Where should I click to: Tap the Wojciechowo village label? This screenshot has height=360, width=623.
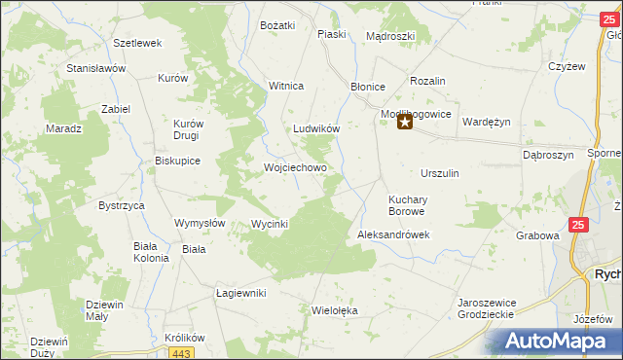pyautogui.click(x=295, y=167)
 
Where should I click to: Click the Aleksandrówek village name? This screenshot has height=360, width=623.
pyautogui.click(x=393, y=235)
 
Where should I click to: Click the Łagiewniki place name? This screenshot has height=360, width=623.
pyautogui.click(x=240, y=293)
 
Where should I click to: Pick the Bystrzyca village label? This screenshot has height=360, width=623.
pyautogui.click(x=122, y=206)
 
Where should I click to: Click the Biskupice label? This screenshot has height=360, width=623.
pyautogui.click(x=177, y=162)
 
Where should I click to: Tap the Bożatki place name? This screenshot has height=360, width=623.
pyautogui.click(x=277, y=24)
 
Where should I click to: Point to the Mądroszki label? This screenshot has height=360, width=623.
pyautogui.click(x=390, y=36)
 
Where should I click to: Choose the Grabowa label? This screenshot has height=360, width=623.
pyautogui.click(x=537, y=235)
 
